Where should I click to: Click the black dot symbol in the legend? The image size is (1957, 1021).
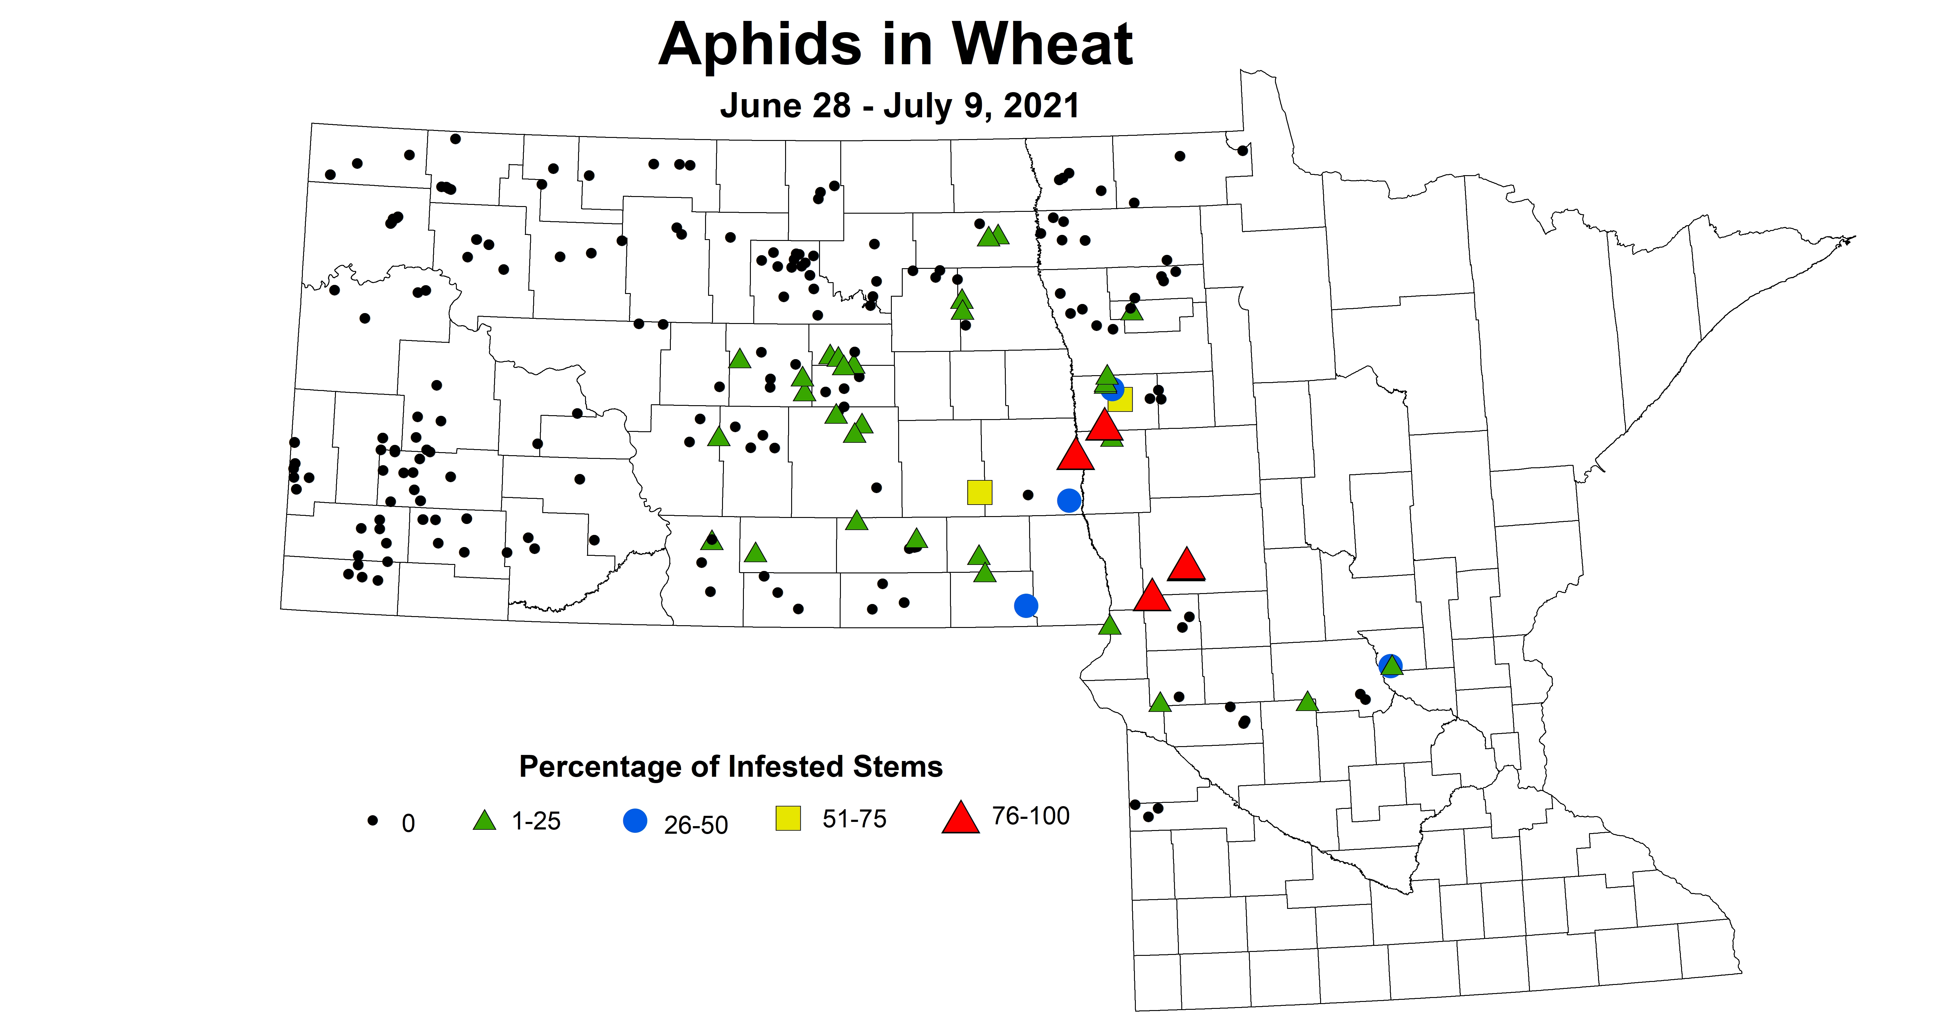372,820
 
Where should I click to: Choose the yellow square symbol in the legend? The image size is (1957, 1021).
788,818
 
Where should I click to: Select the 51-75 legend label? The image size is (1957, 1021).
854,819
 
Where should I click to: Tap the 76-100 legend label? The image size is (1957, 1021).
1030,816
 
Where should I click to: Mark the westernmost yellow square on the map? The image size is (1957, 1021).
979,492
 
